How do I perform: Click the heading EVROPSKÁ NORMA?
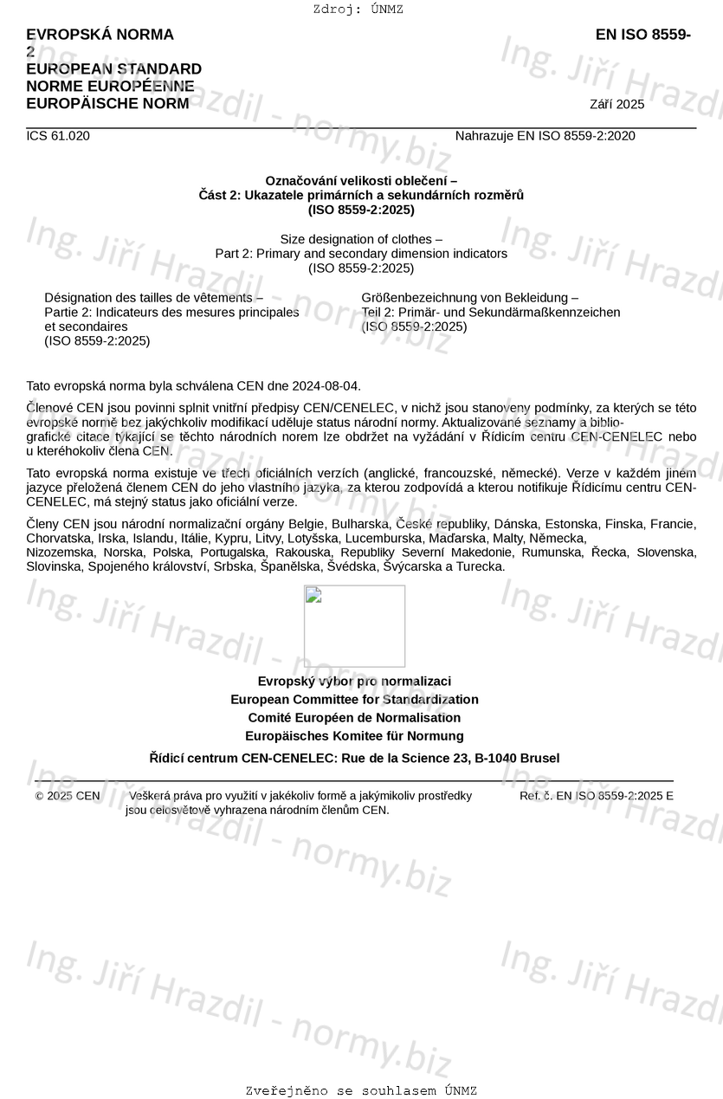(100, 35)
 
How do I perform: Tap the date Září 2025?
(616, 105)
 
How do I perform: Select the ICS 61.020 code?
(58, 136)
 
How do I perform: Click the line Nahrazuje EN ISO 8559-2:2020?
(545, 136)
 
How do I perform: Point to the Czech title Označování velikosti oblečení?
(361, 180)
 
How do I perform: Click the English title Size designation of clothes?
(361, 239)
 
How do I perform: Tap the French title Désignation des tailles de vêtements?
(154, 298)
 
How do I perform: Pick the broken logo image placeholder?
(354, 625)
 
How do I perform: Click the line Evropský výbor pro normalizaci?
(354, 682)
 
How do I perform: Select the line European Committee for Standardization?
(354, 700)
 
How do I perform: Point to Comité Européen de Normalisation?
(354, 718)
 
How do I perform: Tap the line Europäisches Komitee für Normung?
(354, 736)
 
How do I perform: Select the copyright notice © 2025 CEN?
(68, 796)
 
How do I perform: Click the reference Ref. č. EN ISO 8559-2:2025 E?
(596, 796)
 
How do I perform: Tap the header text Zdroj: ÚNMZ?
(358, 10)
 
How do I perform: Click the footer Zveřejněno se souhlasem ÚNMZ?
(361, 1091)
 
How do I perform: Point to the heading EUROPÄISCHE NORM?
(107, 104)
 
